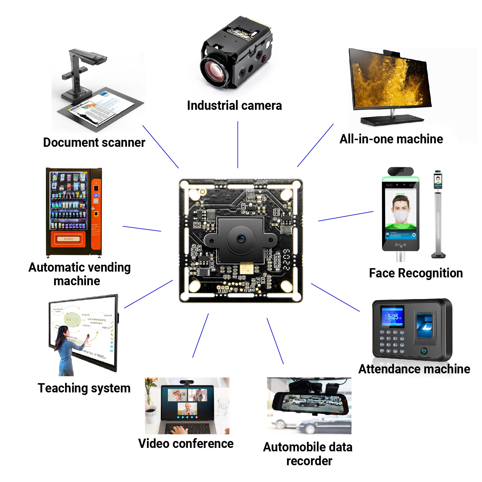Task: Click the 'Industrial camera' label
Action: click(234, 105)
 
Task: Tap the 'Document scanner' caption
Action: click(94, 142)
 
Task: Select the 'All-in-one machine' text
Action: click(391, 139)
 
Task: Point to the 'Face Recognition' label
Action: click(416, 273)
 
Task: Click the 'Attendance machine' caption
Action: click(414, 369)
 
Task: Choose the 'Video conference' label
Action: click(186, 444)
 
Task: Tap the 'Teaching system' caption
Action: click(84, 388)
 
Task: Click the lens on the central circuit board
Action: click(241, 239)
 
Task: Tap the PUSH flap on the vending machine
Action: click(68, 239)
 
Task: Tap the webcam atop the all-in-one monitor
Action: click(392, 53)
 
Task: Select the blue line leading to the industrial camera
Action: click(238, 144)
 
